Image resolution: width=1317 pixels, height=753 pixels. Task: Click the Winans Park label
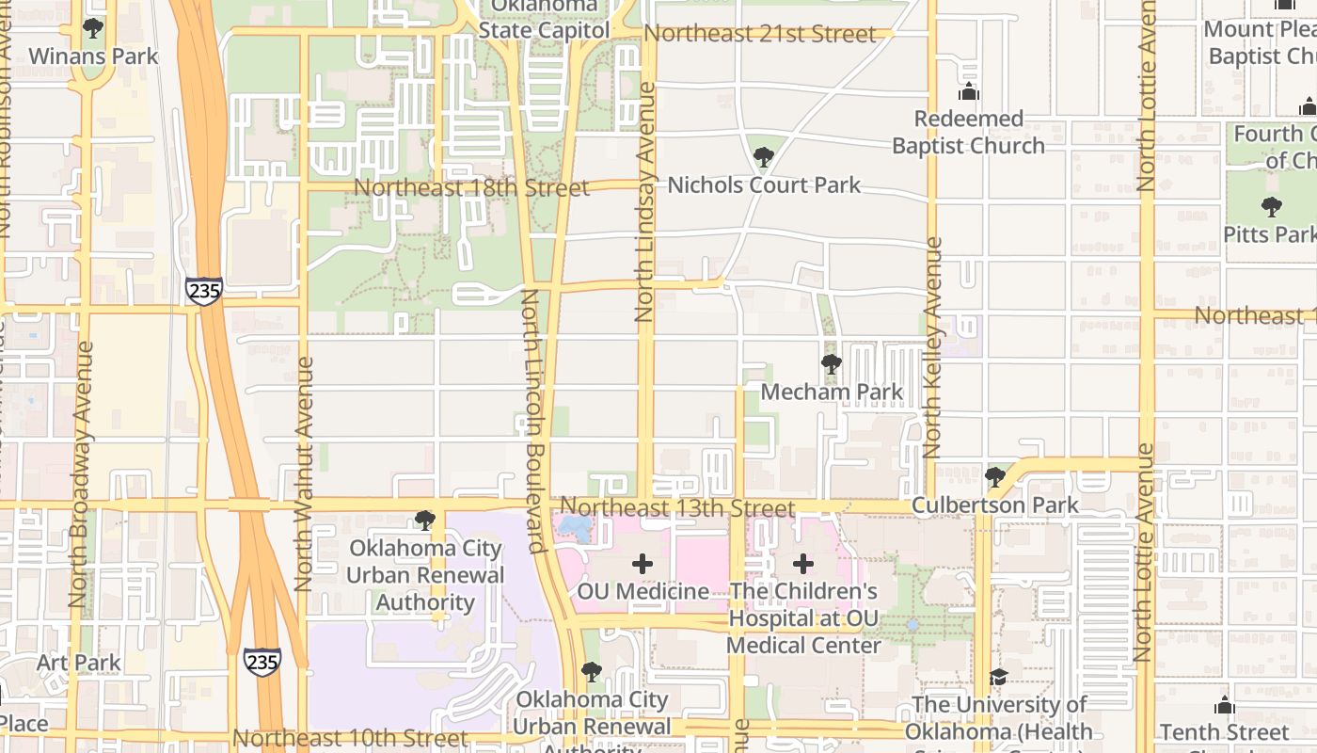pyautogui.click(x=93, y=56)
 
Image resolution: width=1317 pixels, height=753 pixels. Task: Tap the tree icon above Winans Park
pyautogui.click(x=93, y=28)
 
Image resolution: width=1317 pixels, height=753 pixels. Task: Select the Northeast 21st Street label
pyautogui.click(x=759, y=34)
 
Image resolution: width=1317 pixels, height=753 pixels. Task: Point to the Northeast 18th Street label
pyautogui.click(x=471, y=187)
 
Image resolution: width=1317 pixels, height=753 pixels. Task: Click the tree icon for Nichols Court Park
pyautogui.click(x=764, y=157)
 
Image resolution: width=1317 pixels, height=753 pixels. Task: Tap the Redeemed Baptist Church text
pyautogui.click(x=968, y=133)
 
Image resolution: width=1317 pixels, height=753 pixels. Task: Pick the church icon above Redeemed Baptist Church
pyautogui.click(x=968, y=92)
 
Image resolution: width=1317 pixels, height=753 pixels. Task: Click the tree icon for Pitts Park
pyautogui.click(x=1272, y=206)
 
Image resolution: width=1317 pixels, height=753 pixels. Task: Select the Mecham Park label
pyautogui.click(x=831, y=392)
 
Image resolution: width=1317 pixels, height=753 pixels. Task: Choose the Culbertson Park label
pyautogui.click(x=995, y=505)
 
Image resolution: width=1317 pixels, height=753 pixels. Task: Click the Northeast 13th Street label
pyautogui.click(x=677, y=508)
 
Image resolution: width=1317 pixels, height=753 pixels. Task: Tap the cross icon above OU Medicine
pyautogui.click(x=643, y=564)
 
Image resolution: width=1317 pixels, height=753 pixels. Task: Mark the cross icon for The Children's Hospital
pyautogui.click(x=803, y=564)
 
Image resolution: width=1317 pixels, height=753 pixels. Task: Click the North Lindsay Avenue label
pyautogui.click(x=644, y=201)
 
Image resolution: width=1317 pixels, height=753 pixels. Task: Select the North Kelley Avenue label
pyautogui.click(x=932, y=347)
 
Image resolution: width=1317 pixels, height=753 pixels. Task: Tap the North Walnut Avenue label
pyautogui.click(x=303, y=473)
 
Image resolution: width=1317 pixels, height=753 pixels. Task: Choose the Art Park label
pyautogui.click(x=79, y=663)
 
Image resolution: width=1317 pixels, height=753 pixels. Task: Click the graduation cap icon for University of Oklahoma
pyautogui.click(x=998, y=677)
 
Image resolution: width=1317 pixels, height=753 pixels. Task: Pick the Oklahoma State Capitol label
pyautogui.click(x=544, y=19)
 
